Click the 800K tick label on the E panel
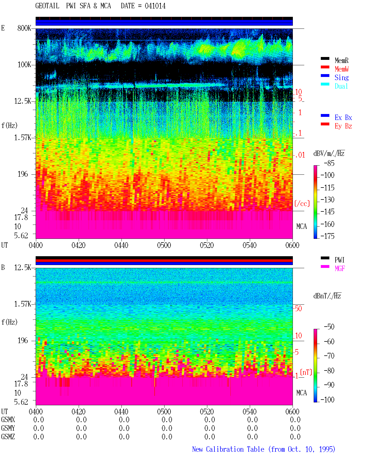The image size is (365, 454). [24, 28]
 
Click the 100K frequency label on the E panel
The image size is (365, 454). [24, 65]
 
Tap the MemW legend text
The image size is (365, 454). [341, 69]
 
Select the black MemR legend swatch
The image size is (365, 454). [325, 58]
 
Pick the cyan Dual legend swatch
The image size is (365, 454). [325, 84]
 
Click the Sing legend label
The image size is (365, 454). [341, 78]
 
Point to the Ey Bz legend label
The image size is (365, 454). [343, 126]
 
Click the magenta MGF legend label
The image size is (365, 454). [340, 268]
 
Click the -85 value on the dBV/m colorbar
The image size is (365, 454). [329, 163]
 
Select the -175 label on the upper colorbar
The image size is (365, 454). [327, 236]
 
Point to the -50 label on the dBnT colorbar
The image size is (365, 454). [329, 327]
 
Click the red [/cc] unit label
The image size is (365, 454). [302, 203]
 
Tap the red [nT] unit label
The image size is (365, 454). [306, 372]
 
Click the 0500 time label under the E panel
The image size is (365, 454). [164, 245]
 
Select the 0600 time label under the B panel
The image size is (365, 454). [292, 412]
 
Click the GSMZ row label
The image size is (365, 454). [8, 437]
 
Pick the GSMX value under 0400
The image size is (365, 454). [38, 420]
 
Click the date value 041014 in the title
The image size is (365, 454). [155, 6]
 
